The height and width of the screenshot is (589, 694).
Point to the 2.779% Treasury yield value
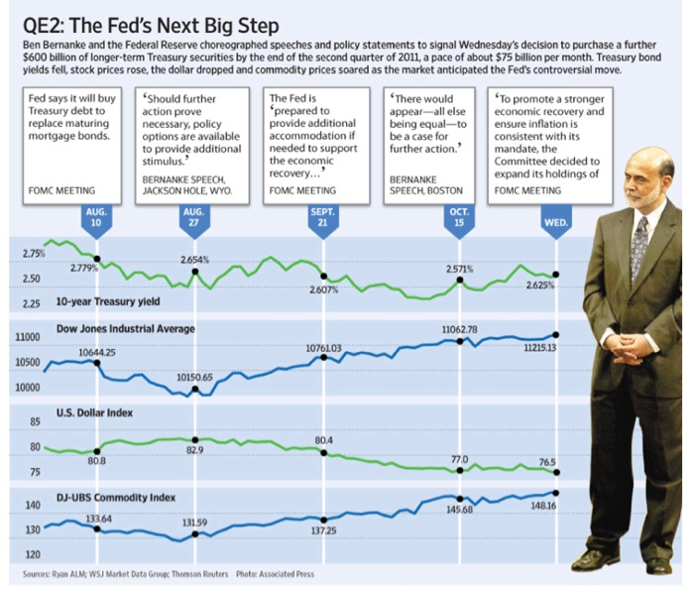click(87, 269)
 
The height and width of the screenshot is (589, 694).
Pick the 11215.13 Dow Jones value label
click(540, 348)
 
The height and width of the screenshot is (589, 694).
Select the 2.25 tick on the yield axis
click(30, 303)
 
